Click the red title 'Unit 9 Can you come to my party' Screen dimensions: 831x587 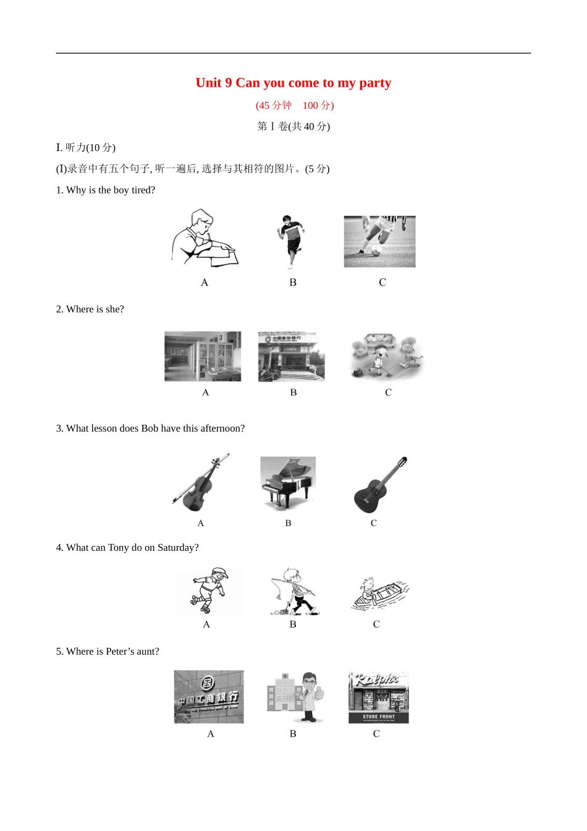coord(293,83)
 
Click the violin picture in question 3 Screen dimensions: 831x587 coord(200,484)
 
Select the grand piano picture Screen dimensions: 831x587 coord(288,482)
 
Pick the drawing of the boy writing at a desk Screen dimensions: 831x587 coord(203,239)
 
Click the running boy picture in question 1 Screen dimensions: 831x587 coord(290,241)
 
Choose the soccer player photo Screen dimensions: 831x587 coord(379,241)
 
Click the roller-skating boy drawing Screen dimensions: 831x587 coord(209,590)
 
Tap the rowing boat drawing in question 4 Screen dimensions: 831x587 coord(378,592)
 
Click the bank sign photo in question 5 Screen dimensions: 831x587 coord(209,697)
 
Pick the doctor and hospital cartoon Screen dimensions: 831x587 coord(295,697)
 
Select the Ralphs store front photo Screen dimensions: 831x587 coord(378,697)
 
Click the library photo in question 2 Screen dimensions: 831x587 coord(203,356)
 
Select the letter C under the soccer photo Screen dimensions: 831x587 coord(382,283)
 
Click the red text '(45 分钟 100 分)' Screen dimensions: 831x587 coord(295,105)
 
